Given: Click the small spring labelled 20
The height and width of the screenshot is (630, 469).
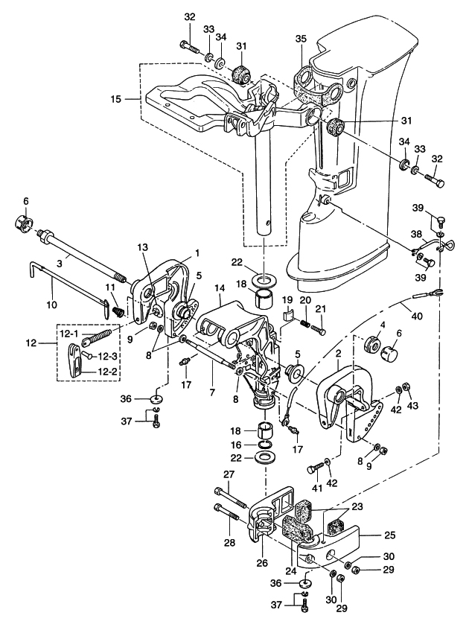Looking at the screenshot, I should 304,324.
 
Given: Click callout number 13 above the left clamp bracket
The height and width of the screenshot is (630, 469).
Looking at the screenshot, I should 143,246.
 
